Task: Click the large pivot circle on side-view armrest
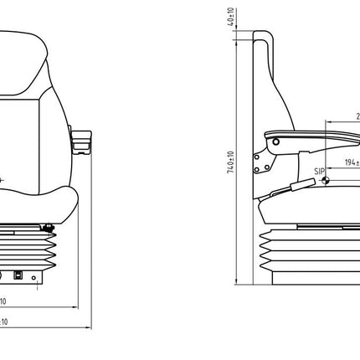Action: pyautogui.click(x=272, y=144)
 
